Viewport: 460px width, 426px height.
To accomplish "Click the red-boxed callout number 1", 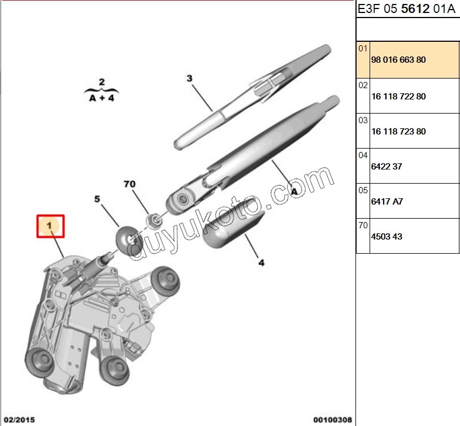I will coord(50,226).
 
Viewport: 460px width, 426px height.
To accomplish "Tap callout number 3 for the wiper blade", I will coord(190,79).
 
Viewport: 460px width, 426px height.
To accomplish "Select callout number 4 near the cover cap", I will coord(261,262).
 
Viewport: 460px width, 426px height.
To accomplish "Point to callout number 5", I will coord(97,199).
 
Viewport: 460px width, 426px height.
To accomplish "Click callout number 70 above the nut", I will coord(130,184).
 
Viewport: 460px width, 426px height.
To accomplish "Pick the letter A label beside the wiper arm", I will coord(294,191).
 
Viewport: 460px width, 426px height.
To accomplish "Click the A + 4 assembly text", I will coord(102,97).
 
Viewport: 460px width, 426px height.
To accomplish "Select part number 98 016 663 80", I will coord(398,59).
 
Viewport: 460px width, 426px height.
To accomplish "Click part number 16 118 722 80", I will coord(398,97).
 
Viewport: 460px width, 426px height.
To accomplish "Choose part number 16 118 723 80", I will coord(398,132).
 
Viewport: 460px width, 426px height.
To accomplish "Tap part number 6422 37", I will coord(387,167).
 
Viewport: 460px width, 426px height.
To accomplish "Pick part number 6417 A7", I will coord(387,202).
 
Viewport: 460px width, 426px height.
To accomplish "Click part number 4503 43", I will coord(387,237).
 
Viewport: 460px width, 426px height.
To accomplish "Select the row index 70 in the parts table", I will coord(362,225).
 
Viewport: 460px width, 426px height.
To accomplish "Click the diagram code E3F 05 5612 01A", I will coord(406,10).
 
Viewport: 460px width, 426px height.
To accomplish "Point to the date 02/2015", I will coord(20,419).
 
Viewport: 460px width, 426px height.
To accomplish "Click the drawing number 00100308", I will coord(333,419).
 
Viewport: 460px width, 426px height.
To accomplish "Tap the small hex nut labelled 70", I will coord(152,219).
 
